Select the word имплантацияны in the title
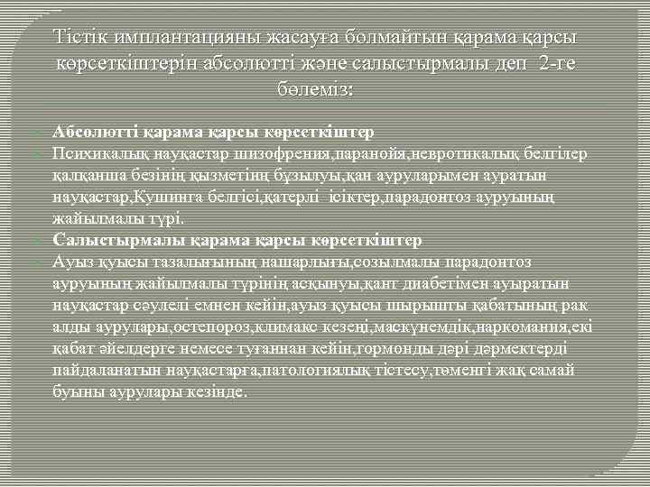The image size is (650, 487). coord(180,39)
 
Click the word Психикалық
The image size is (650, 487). coord(94,154)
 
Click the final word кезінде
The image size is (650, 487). coord(217,392)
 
